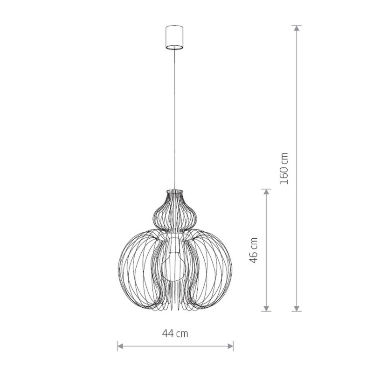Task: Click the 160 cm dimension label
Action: coord(284,168)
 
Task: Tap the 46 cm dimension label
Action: coord(254,250)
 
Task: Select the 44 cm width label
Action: coord(175,333)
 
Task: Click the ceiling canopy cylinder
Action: coord(174,37)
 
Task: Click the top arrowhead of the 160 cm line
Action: coord(297,28)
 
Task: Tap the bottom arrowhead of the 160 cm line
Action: coord(297,308)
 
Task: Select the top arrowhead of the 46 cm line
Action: coord(266,192)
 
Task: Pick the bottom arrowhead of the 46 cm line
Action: coord(266,308)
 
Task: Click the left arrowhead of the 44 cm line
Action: coord(120,346)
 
